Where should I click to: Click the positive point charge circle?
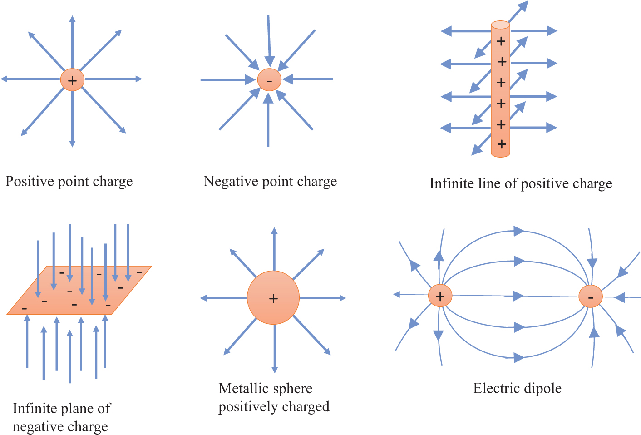click(x=72, y=80)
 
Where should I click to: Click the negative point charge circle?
click(x=269, y=80)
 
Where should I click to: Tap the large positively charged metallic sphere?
click(x=273, y=298)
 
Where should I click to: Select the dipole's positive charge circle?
click(x=440, y=296)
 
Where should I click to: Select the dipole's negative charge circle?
click(x=590, y=297)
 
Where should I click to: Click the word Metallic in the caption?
click(x=242, y=389)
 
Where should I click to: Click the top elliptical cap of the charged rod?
click(x=500, y=25)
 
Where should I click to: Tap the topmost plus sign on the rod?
click(x=501, y=41)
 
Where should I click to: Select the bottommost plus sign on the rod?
click(x=502, y=144)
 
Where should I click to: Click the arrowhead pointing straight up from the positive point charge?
click(x=72, y=20)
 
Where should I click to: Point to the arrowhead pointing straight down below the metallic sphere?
click(x=274, y=369)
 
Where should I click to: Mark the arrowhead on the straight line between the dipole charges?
click(x=518, y=296)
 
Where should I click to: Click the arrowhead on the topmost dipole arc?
click(x=518, y=231)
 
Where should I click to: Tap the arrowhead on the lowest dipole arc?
click(x=518, y=358)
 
